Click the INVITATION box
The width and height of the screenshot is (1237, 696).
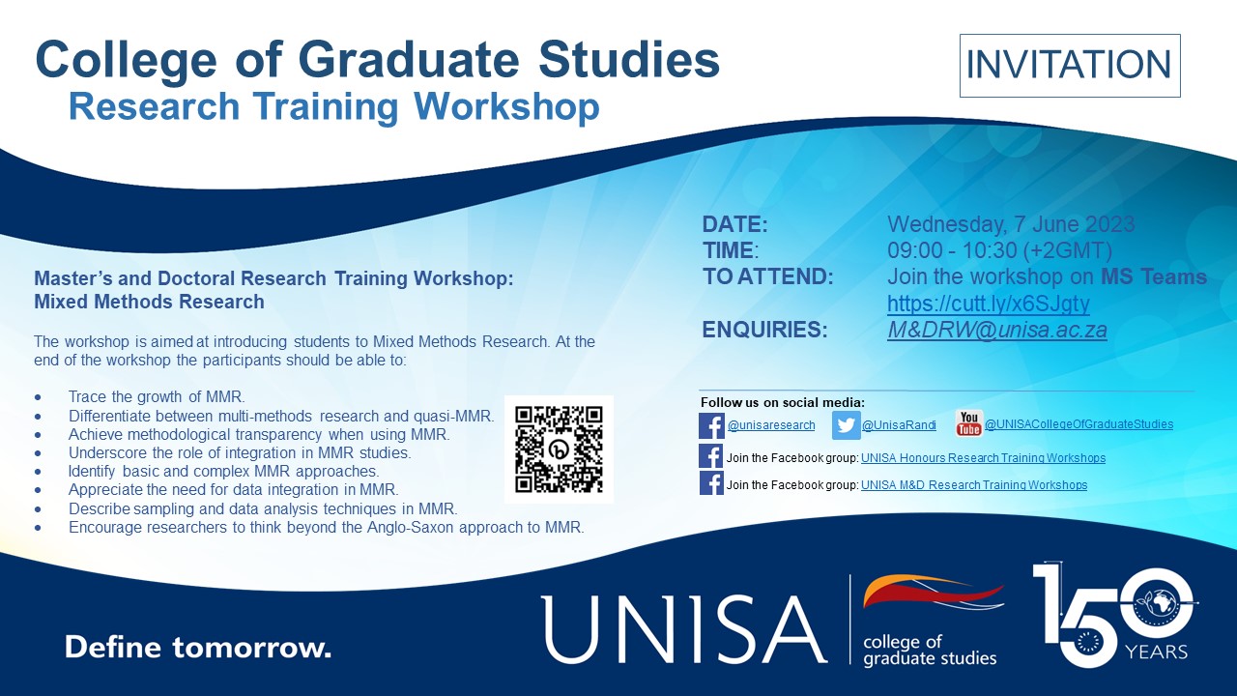[x=1070, y=65]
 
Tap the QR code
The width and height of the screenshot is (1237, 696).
[x=559, y=449]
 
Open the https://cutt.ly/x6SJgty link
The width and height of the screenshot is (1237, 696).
[x=988, y=304]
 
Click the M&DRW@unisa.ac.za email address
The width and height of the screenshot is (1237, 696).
[x=996, y=330]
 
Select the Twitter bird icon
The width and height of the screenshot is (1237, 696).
[x=846, y=425]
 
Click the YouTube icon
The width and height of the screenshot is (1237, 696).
[x=968, y=423]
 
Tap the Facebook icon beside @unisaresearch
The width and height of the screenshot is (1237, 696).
[x=711, y=426]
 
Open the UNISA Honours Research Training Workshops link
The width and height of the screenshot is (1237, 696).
[x=983, y=458]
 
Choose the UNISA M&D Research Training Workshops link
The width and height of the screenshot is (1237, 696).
[x=973, y=485]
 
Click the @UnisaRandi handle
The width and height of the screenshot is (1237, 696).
[x=899, y=424]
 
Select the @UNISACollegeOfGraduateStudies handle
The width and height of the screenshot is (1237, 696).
[x=1079, y=424]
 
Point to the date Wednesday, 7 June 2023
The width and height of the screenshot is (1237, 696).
[x=1011, y=224]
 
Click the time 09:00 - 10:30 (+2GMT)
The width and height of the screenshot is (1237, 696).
[x=999, y=250]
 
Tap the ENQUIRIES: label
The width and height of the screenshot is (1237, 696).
[x=764, y=330]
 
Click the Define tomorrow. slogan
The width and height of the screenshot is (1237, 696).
[x=198, y=647]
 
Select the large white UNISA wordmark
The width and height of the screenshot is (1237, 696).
[x=683, y=629]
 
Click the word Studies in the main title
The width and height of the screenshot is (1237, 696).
[x=629, y=60]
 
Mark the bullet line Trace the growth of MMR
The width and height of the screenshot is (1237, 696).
[x=157, y=396]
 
